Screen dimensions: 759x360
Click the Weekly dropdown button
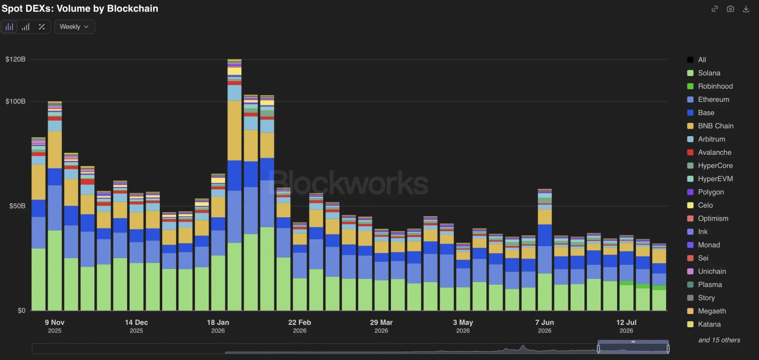pyautogui.click(x=74, y=27)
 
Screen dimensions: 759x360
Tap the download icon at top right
pyautogui.click(x=746, y=9)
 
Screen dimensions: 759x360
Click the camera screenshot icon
pyautogui.click(x=730, y=9)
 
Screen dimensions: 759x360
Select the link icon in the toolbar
pyautogui.click(x=714, y=9)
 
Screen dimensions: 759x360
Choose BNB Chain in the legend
pyautogui.click(x=710, y=126)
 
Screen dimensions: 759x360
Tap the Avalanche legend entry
pyautogui.click(x=709, y=152)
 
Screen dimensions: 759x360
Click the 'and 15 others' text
pyautogui.click(x=719, y=340)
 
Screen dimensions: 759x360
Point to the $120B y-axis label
pyautogui.click(x=15, y=59)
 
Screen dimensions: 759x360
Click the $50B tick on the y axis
pyautogui.click(x=17, y=206)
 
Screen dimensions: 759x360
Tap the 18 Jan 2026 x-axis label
pyautogui.click(x=218, y=326)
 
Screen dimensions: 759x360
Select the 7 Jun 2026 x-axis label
pyautogui.click(x=545, y=326)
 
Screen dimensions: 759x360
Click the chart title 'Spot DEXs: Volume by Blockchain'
pyautogui.click(x=80, y=9)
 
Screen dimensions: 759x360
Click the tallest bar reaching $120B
pyautogui.click(x=234, y=185)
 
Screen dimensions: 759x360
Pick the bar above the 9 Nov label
pyautogui.click(x=55, y=206)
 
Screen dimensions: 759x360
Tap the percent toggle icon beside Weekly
pyautogui.click(x=42, y=27)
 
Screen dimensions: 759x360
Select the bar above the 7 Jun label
pyautogui.click(x=545, y=250)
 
